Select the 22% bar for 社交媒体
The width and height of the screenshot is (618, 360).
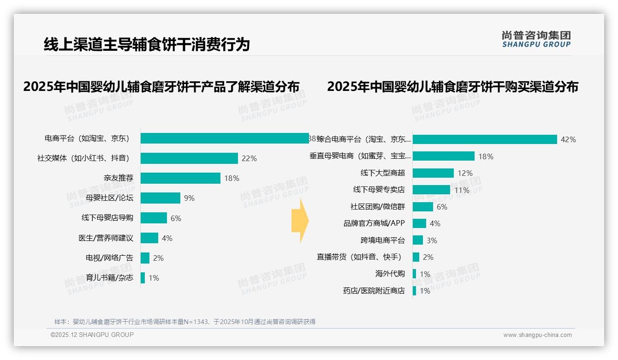coord(189,158)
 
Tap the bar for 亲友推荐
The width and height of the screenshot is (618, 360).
coord(180,178)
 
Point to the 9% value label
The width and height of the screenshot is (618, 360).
coord(189,198)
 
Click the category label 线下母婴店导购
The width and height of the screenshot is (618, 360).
coord(107,218)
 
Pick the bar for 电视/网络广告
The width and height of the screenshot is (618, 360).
coord(145,258)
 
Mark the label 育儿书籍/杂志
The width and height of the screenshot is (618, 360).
coord(109,278)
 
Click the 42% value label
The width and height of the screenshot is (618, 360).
coord(568,139)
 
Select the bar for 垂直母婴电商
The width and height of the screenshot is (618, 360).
coord(443,156)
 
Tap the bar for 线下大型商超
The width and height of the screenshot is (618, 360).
coord(433,173)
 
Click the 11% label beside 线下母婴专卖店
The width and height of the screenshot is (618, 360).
coord(462,190)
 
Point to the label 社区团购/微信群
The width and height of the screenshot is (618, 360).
coord(377,207)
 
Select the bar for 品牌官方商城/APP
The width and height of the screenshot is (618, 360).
coord(419,223)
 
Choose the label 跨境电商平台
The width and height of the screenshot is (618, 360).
coord(382,240)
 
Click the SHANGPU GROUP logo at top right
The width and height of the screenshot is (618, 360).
coord(536,39)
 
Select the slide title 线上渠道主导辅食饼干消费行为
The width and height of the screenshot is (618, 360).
coord(147,44)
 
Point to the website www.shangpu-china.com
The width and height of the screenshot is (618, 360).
coord(537,335)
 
